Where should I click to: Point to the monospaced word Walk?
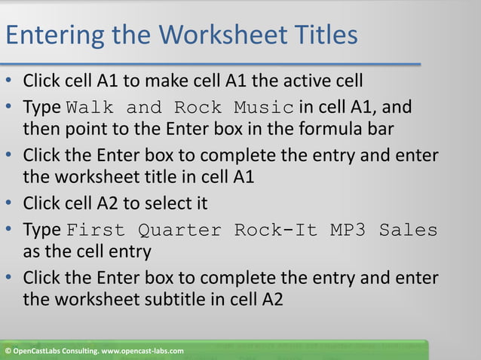tap(88, 107)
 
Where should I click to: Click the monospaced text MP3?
tap(350, 230)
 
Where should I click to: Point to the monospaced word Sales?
tap(409, 230)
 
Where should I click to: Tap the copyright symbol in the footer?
tap(7, 352)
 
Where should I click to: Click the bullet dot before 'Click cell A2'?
tap(8, 204)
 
